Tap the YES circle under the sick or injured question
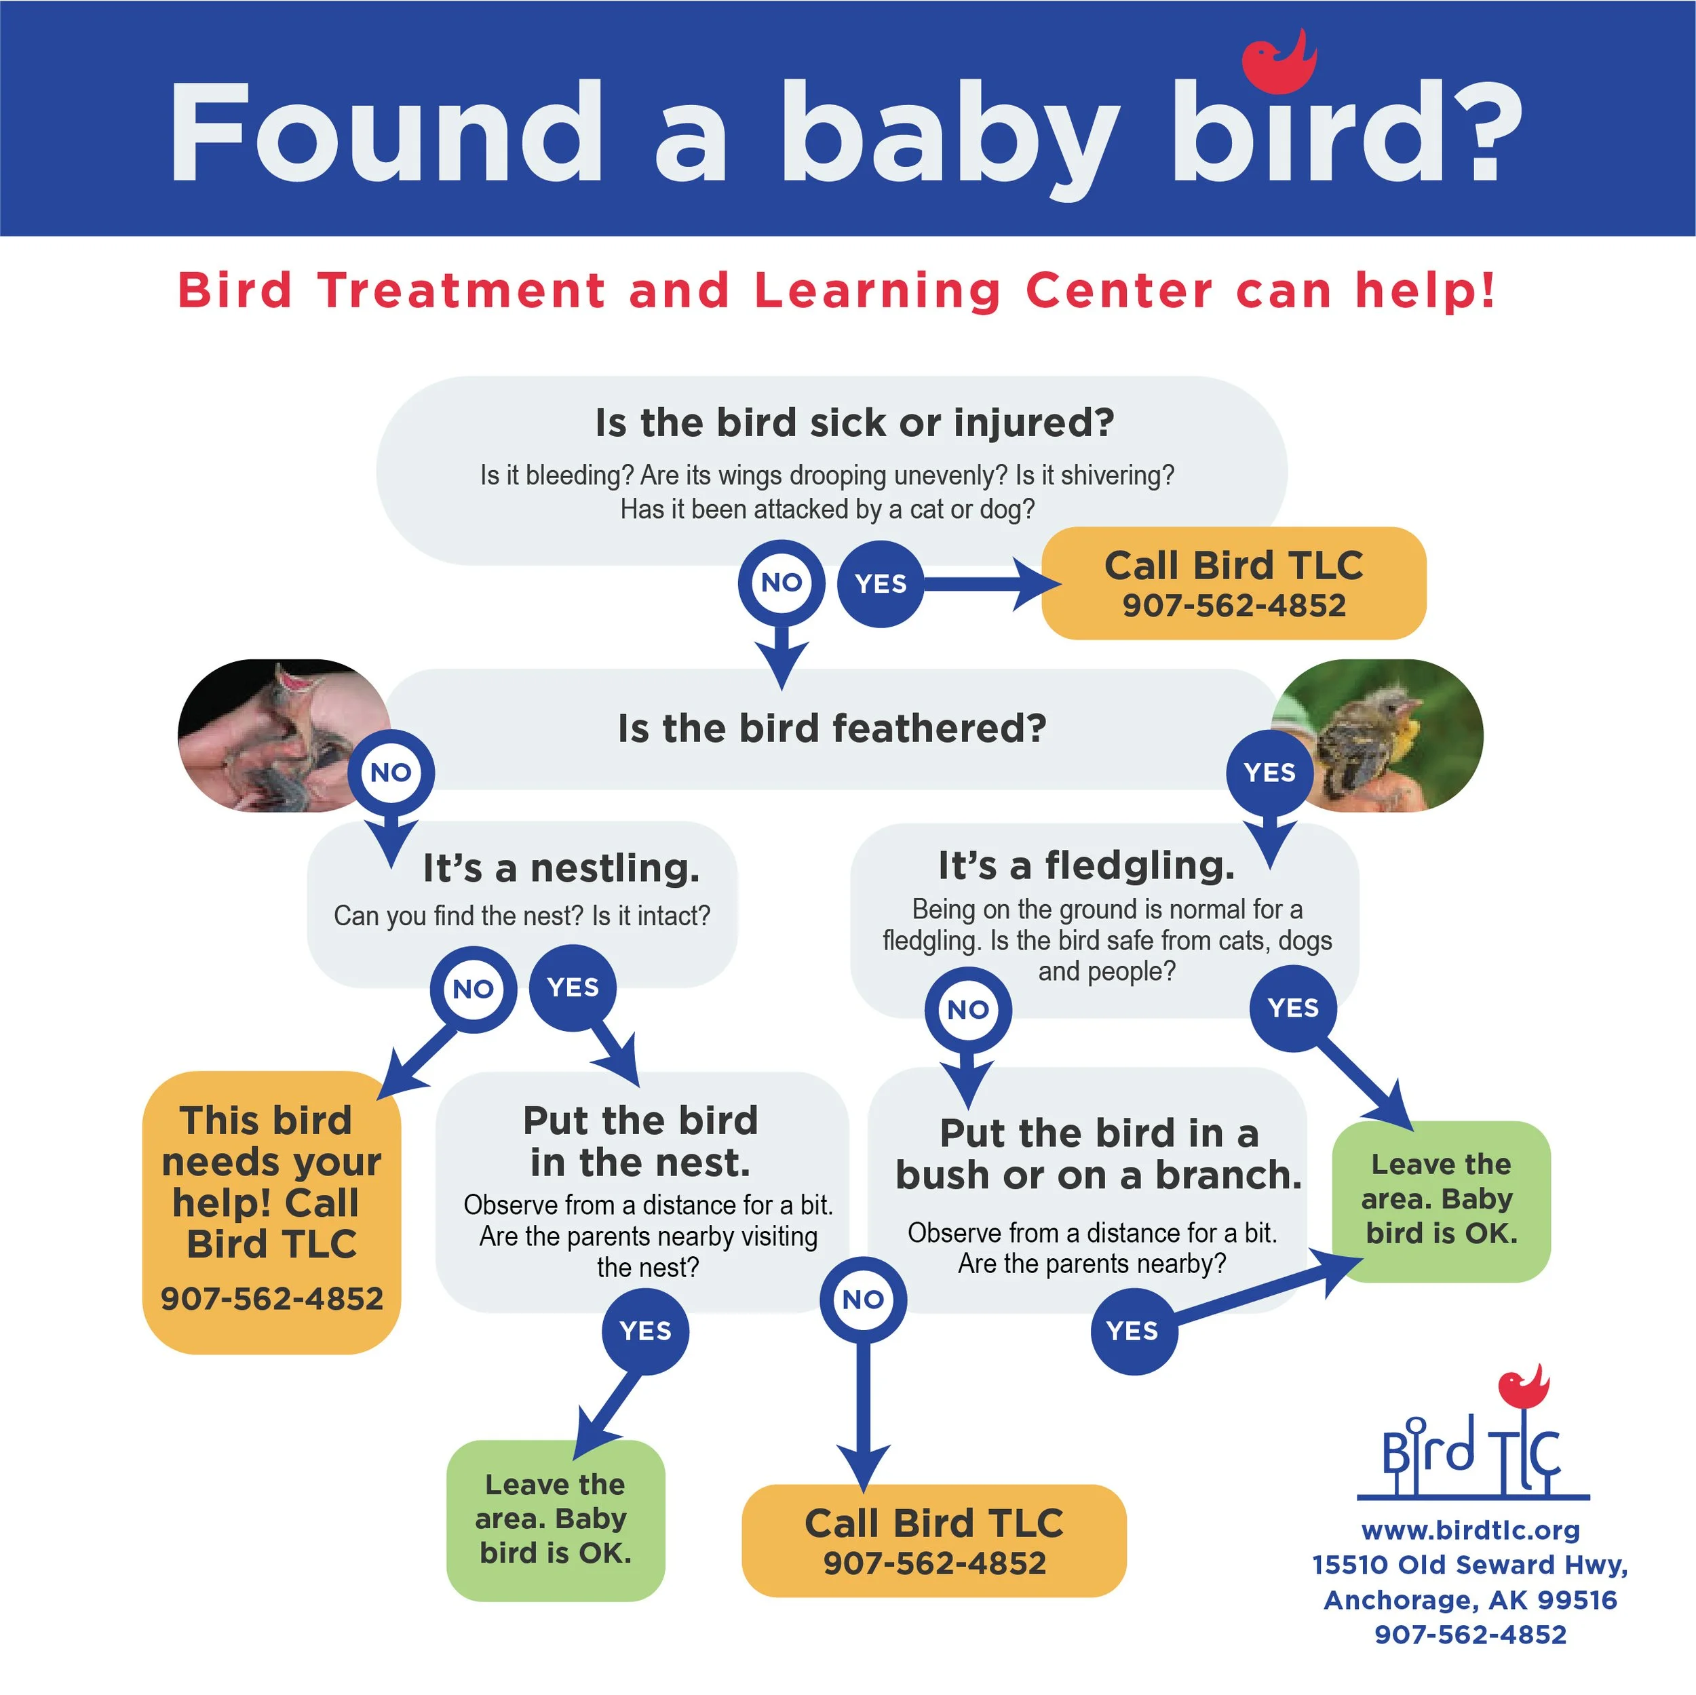881,584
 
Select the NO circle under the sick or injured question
782,582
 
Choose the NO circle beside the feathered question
391,773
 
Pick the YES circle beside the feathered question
1269,773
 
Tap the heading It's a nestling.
561,868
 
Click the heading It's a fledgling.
1087,865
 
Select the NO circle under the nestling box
473,990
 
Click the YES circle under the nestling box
573,988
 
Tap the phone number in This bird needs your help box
272,1298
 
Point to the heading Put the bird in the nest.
641,1141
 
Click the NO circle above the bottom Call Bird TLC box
863,1299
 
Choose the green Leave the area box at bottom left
556,1519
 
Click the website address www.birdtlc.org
1470,1530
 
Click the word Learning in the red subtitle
877,290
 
